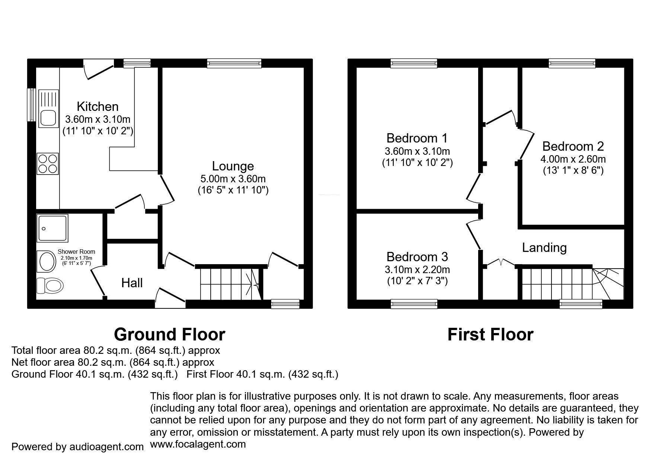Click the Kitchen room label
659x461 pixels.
coord(97,106)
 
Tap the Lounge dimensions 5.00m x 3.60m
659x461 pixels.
coord(233,179)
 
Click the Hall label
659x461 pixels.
coord(132,283)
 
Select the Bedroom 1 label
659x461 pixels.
coord(417,138)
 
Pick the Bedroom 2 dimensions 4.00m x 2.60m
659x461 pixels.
coord(573,159)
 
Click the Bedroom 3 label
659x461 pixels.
coord(417,256)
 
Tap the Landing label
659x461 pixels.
coord(544,247)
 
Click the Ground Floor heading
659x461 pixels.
coord(170,334)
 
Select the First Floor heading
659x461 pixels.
coord(490,334)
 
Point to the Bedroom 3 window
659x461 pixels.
coord(414,304)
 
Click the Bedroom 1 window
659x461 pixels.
coord(414,64)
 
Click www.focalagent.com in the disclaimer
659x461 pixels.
coord(198,444)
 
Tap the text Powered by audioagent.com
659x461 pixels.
coord(77,446)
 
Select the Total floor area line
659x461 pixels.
coord(116,350)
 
